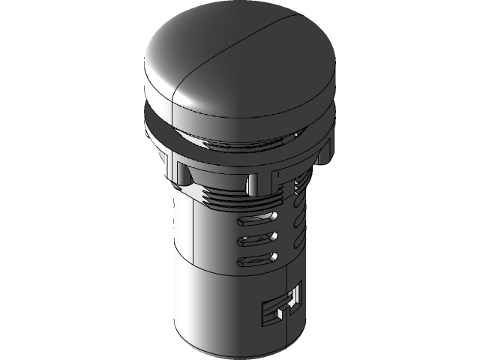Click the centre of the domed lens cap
click(225, 56)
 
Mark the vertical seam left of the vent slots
click(196, 240)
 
